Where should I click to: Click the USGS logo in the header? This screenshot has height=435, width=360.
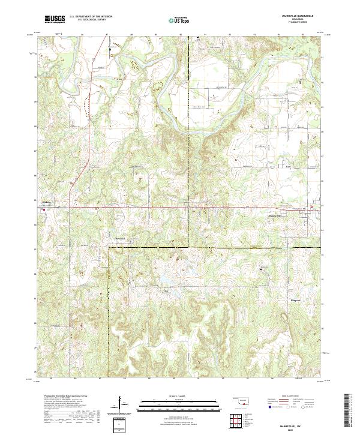55,20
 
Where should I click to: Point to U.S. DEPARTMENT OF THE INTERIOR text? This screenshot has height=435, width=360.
91,17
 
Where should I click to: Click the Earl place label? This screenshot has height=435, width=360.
287,166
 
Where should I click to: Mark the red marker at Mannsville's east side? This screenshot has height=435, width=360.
311,208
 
